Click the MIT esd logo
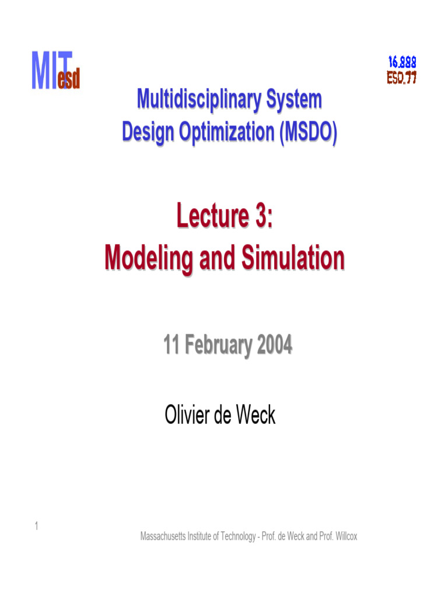pos(55,71)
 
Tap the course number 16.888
pos(402,61)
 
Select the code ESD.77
pos(402,78)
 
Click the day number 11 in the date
pos(171,346)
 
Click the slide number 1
pos(36,527)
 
